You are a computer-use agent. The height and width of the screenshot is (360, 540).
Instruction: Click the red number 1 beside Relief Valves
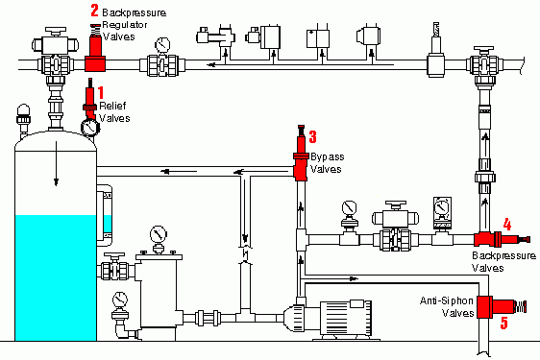click(x=101, y=93)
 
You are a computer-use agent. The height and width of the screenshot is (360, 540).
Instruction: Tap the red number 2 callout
click(x=94, y=11)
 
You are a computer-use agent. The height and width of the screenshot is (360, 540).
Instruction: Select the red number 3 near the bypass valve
click(x=312, y=136)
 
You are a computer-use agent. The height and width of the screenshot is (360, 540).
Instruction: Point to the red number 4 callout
click(x=507, y=225)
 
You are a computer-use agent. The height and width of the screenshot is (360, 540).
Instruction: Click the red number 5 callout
click(x=504, y=324)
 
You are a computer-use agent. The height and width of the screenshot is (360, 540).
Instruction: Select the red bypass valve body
click(x=301, y=154)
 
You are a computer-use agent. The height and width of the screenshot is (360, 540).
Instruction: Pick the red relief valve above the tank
click(x=89, y=99)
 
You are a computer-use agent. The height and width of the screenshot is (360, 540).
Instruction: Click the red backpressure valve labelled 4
click(x=502, y=239)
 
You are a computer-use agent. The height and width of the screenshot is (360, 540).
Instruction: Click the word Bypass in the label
click(x=327, y=157)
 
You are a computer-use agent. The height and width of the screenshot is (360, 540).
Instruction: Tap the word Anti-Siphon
click(x=447, y=300)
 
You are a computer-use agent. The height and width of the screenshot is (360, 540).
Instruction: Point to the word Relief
click(x=112, y=106)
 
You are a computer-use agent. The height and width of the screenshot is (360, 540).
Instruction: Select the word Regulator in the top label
click(x=125, y=25)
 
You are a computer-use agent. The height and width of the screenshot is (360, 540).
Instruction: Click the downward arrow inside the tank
click(x=56, y=163)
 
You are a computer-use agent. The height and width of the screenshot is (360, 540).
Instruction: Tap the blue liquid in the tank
click(x=56, y=277)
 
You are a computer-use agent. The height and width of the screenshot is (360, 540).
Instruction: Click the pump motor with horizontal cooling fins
click(x=346, y=319)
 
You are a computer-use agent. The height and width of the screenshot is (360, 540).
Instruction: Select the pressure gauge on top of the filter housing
click(x=159, y=238)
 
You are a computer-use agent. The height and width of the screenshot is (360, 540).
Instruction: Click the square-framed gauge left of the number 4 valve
click(x=441, y=212)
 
